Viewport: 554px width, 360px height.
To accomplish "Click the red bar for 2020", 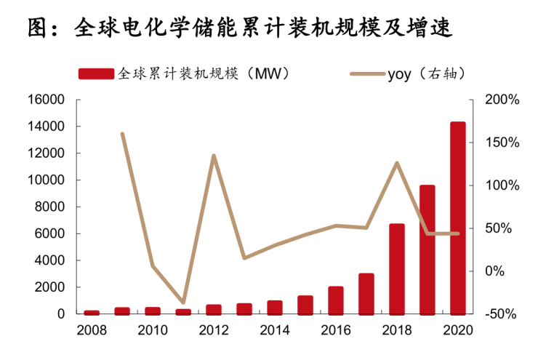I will coord(457,218).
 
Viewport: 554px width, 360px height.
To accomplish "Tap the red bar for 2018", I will coord(397,269).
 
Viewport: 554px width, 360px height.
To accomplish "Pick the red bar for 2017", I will coord(366,294).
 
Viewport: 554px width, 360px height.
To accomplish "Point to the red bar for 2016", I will coord(336,300).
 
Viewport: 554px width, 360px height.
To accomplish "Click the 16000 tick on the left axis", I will coord(46,100).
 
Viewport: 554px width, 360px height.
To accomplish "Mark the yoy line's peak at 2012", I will coord(214,155).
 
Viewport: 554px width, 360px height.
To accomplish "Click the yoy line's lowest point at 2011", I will coord(183,303).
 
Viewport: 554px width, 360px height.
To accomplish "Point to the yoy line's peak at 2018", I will coord(397,162).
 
